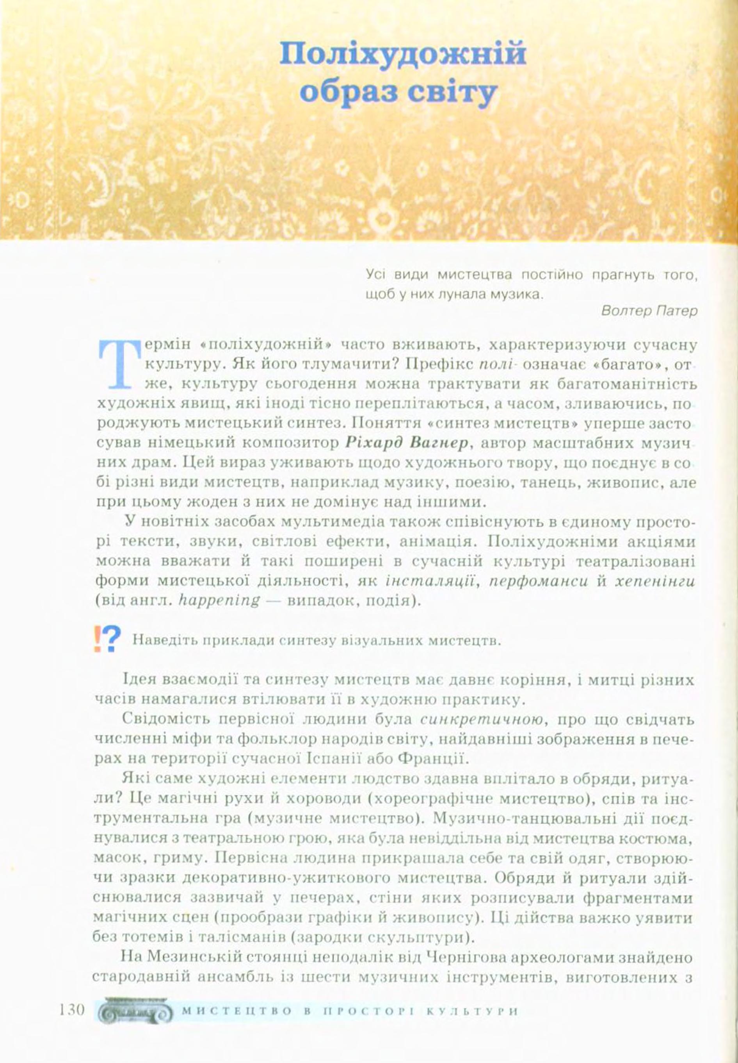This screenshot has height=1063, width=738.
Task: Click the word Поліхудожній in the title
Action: pyautogui.click(x=403, y=55)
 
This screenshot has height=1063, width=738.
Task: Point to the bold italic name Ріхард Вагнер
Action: pyautogui.click(x=407, y=442)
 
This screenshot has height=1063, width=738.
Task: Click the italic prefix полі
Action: pyautogui.click(x=496, y=364)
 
